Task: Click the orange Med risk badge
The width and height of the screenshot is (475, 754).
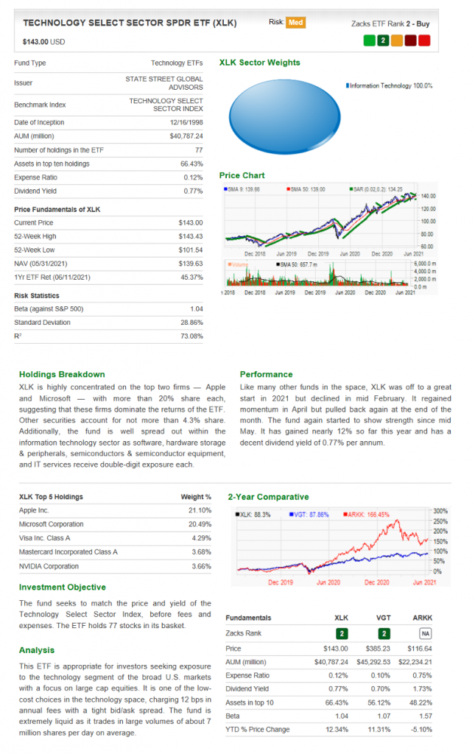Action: pyautogui.click(x=295, y=22)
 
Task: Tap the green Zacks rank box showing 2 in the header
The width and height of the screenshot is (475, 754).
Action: pyautogui.click(x=382, y=40)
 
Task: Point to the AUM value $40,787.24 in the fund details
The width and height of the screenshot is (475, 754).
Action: pyautogui.click(x=186, y=136)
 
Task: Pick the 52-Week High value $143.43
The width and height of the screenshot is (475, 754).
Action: pyautogui.click(x=190, y=236)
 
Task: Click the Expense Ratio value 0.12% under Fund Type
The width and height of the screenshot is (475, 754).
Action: pyautogui.click(x=193, y=177)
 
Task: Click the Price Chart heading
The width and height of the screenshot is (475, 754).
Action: pyautogui.click(x=242, y=175)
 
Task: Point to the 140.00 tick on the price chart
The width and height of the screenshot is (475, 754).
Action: pyautogui.click(x=428, y=196)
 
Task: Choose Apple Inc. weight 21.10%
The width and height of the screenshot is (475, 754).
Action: pyautogui.click(x=200, y=510)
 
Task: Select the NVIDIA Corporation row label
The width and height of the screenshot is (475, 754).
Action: pyautogui.click(x=49, y=566)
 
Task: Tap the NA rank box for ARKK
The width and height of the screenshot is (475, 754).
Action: pyautogui.click(x=425, y=633)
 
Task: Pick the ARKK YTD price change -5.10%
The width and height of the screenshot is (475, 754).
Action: pyautogui.click(x=421, y=730)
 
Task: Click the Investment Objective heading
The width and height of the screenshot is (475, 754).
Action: pyautogui.click(x=62, y=587)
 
